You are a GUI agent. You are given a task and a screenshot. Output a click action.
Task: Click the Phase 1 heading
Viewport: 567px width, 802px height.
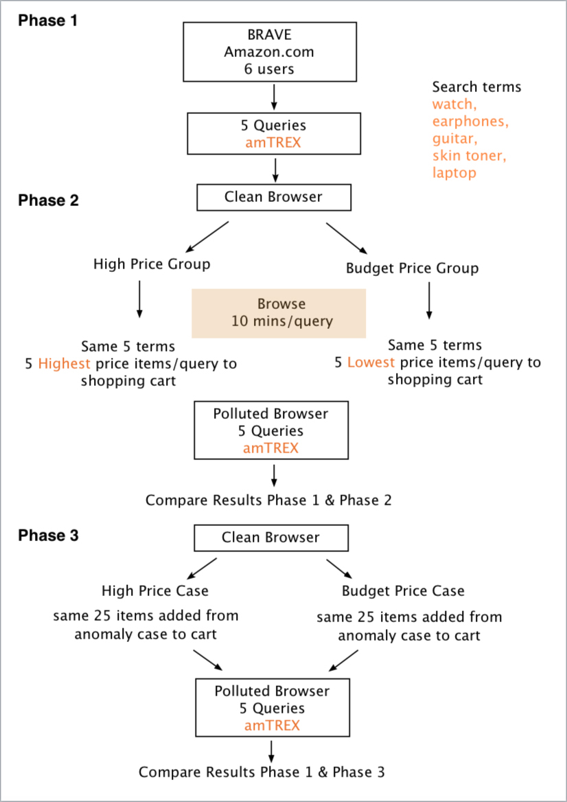[48, 21]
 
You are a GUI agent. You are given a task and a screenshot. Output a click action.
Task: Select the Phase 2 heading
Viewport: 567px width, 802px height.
[48, 200]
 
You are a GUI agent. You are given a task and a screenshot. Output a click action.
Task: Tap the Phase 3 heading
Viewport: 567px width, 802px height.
[48, 536]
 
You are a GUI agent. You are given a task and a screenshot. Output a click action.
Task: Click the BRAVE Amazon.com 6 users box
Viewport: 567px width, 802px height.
[270, 51]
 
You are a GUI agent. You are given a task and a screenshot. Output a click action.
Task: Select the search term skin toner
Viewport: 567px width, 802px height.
[470, 156]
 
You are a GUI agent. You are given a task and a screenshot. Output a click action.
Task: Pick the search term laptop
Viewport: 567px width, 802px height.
[454, 173]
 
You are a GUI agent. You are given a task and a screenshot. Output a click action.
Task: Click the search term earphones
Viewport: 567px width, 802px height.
[471, 122]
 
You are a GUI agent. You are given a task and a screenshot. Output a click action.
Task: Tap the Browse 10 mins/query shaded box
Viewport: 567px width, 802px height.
[279, 313]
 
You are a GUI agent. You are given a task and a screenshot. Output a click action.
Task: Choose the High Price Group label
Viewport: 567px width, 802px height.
[152, 264]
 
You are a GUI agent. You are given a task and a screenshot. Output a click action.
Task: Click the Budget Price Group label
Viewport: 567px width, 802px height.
[412, 268]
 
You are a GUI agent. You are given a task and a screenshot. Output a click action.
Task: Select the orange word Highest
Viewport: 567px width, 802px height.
[64, 364]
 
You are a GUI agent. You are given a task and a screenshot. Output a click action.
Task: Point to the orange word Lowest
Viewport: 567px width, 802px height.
[371, 363]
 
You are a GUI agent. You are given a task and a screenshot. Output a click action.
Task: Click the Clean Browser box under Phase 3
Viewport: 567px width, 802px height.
[270, 538]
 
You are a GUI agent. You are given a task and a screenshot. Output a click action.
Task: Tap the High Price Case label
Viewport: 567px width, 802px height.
[155, 591]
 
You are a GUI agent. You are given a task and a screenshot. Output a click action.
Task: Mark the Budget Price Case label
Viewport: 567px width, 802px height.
[403, 591]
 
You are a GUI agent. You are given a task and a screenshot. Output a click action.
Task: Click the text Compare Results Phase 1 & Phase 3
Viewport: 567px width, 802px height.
[262, 772]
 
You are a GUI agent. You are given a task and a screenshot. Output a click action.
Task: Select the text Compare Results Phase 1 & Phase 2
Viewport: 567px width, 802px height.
[268, 501]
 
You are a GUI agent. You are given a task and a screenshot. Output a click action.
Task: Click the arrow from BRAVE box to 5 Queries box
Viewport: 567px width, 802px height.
[274, 97]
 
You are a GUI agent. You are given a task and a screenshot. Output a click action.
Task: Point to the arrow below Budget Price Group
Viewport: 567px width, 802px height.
[430, 301]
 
